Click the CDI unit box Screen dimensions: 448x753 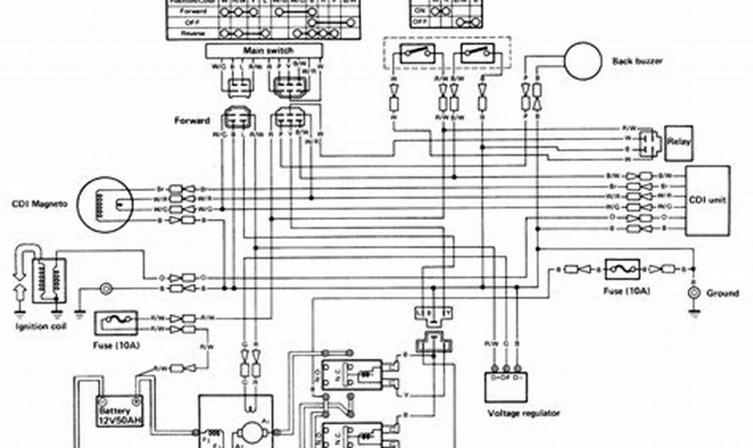707,200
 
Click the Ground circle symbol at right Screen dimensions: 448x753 691,293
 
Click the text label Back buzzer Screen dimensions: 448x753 638,61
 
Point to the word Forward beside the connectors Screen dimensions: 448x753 193,120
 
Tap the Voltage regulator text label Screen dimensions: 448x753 524,413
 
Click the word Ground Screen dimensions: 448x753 722,293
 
